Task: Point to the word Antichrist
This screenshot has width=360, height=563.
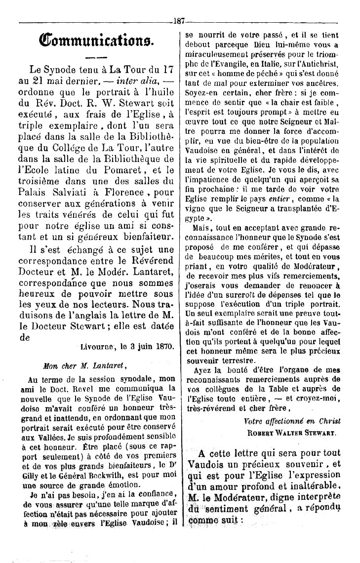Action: click(318, 73)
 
